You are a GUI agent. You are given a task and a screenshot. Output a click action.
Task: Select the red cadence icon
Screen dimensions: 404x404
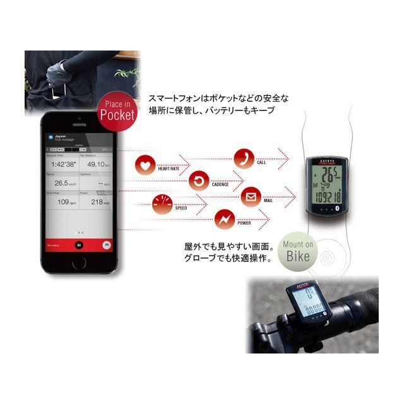[199, 182]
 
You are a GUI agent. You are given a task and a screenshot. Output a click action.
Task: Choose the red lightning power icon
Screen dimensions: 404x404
[225, 218]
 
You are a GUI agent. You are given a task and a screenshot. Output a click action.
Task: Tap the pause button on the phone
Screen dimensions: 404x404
[79, 245]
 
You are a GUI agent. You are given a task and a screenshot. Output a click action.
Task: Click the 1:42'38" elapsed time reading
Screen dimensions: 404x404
[62, 163]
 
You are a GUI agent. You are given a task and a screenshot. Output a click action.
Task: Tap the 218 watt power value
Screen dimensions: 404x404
[98, 202]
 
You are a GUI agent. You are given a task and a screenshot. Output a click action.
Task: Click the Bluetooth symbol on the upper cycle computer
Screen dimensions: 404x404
[336, 206]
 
